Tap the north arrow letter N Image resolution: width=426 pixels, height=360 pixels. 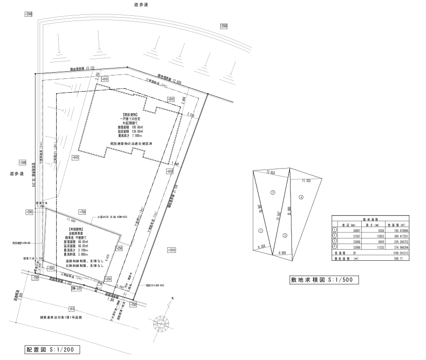coord(172,298)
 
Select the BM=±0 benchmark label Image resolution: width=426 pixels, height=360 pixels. coord(76,289)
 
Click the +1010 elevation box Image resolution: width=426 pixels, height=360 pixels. coord(171,251)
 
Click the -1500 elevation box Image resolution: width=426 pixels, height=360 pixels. coord(22,163)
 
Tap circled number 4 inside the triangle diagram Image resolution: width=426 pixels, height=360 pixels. coord(301,198)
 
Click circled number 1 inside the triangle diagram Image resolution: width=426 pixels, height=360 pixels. coord(261,230)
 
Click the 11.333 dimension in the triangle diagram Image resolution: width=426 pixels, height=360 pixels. coord(306,181)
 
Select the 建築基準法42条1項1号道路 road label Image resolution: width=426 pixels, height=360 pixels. coord(61,317)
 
